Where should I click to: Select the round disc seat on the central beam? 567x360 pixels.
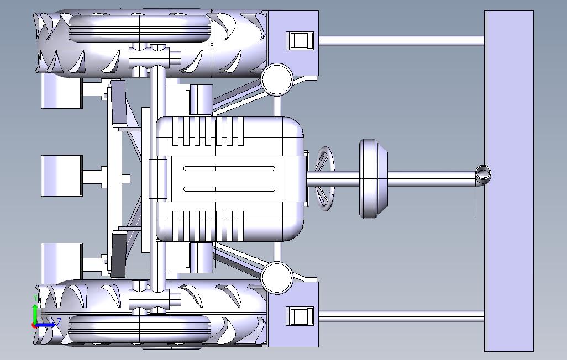tap(373, 178)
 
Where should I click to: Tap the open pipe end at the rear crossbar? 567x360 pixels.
tap(483, 174)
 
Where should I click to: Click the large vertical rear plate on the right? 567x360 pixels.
tap(509, 181)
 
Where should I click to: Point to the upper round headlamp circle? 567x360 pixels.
tap(277, 80)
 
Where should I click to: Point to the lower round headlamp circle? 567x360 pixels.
tap(277, 278)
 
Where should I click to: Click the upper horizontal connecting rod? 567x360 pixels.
tap(401, 41)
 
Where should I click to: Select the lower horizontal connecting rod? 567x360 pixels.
tap(401, 317)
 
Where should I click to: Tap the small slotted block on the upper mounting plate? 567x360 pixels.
tap(300, 40)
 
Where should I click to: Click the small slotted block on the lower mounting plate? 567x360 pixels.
tap(300, 316)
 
